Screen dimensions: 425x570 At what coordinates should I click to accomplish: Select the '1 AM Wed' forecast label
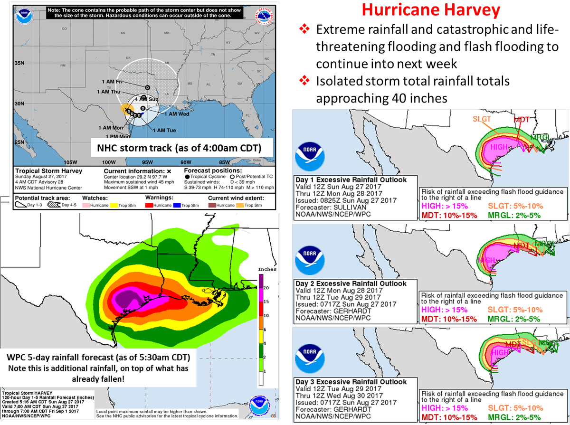[177, 114]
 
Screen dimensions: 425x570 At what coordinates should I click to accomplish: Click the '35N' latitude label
[19, 63]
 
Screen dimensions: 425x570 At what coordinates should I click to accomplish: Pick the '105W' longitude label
[70, 161]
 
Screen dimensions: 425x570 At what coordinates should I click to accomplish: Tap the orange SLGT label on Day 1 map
[482, 119]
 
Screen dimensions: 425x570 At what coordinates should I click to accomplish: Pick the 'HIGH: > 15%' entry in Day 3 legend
[445, 408]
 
